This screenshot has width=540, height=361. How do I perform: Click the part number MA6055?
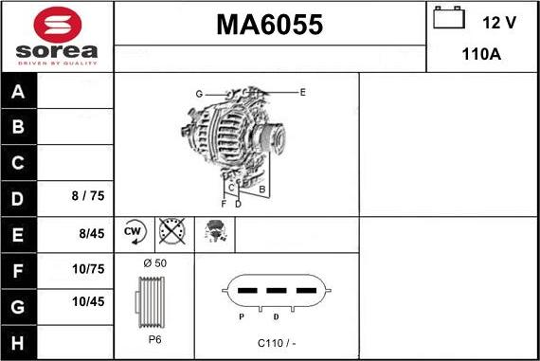pos(270,25)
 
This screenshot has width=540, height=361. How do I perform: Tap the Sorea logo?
pos(56,36)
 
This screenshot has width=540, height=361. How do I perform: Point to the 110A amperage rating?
pos(481,55)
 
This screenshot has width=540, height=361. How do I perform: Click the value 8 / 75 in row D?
pos(88,197)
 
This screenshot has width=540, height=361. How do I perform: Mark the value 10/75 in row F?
pos(88,269)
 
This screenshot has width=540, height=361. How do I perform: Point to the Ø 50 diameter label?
pos(154,262)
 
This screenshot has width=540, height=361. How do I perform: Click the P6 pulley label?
pos(154,338)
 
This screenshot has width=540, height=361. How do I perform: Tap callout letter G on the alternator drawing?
pos(200,93)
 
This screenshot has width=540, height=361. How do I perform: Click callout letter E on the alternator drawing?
pos(302,92)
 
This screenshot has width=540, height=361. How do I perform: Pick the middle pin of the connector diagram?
pos(277,291)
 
